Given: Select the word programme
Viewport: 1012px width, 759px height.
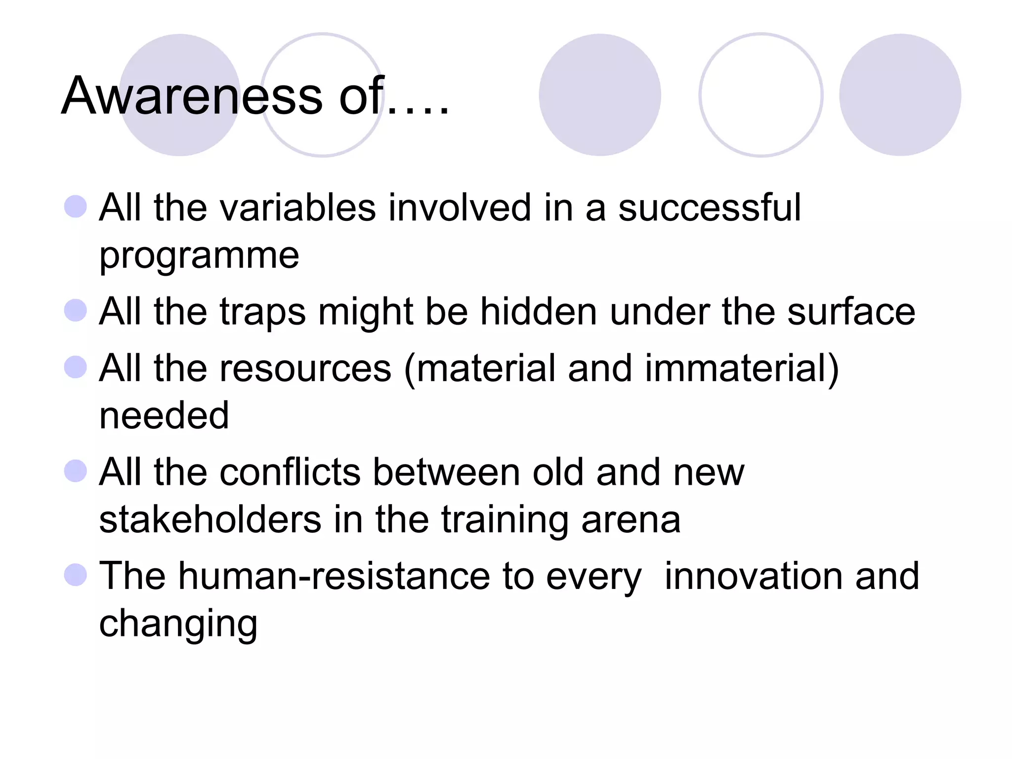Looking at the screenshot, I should click(199, 256).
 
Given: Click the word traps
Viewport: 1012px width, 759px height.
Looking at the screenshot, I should click(262, 312).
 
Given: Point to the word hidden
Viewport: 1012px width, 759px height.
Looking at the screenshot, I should click(539, 312).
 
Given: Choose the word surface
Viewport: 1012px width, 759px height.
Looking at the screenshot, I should click(851, 312).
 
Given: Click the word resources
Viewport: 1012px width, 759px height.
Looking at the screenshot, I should click(305, 369).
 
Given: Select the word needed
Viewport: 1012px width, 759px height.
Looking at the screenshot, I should click(164, 415).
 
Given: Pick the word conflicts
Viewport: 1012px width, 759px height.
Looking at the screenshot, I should click(290, 472).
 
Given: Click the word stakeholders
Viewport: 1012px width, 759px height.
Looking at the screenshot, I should click(210, 520).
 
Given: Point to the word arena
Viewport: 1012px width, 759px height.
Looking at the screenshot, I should click(631, 520).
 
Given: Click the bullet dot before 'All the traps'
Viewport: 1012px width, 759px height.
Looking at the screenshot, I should click(76, 311).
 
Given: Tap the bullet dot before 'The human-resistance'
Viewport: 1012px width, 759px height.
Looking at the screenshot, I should click(76, 575).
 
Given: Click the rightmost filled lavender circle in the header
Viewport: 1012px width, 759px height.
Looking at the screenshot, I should click(900, 95).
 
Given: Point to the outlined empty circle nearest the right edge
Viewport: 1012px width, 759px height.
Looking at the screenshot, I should click(760, 95).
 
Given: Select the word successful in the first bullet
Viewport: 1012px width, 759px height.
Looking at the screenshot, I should click(709, 208).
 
